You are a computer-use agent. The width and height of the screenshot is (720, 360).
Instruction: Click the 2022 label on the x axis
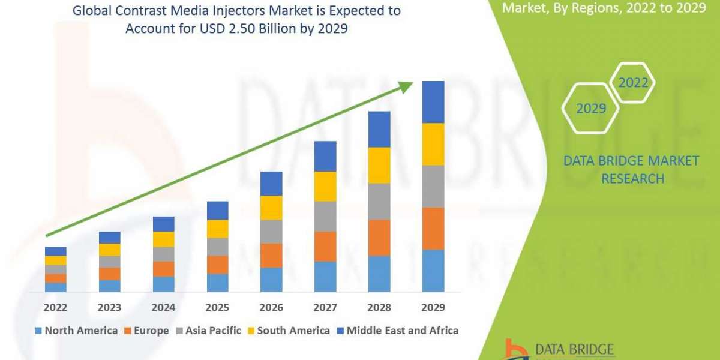(55, 308)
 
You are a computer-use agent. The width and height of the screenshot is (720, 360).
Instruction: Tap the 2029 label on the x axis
(433, 308)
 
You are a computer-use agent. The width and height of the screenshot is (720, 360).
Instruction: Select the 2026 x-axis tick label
(271, 308)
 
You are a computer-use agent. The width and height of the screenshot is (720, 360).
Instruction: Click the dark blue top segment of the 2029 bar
(433, 102)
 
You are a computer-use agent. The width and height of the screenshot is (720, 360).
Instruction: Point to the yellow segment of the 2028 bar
(379, 165)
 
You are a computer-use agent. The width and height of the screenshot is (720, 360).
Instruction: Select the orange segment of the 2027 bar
(325, 246)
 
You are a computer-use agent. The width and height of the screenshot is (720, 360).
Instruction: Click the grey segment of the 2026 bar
(271, 231)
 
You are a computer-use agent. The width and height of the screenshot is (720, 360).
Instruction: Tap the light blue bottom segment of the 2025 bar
(217, 283)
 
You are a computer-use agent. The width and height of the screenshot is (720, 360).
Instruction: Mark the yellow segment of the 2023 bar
(109, 250)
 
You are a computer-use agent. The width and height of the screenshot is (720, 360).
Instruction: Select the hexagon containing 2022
(633, 83)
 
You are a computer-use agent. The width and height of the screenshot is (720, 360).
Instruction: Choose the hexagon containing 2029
(590, 109)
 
